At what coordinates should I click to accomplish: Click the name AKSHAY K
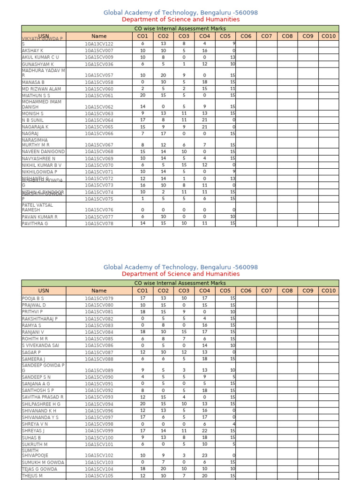32,50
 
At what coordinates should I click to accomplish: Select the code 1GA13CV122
99,44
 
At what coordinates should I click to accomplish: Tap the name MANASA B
33,82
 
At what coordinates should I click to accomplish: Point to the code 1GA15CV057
99,75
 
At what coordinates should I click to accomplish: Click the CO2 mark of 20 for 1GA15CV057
163,75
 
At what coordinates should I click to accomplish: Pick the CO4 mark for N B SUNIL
204,120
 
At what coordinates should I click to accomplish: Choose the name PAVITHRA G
35,224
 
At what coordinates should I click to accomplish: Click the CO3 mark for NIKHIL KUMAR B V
184,165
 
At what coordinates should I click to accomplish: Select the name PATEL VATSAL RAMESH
37,207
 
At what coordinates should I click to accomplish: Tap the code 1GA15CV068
99,152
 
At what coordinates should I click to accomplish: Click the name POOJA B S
33,298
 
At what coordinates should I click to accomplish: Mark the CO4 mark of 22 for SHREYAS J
204,431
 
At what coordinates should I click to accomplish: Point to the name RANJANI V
33,332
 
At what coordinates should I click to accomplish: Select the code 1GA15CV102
99,455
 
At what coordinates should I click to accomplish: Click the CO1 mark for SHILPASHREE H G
143,404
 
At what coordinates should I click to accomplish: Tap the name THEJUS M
32,475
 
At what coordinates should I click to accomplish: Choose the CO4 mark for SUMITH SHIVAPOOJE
204,455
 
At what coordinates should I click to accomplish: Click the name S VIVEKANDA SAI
40,345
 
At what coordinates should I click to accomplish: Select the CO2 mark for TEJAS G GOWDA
163,469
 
